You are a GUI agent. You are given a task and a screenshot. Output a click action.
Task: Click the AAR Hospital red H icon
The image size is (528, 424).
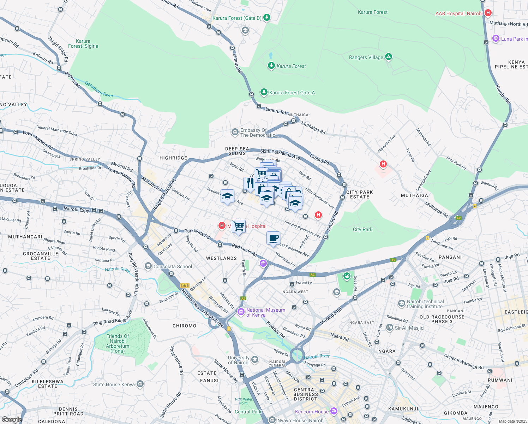click(x=488, y=13)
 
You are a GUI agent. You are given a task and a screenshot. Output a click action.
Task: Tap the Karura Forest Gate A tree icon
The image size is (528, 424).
click(x=264, y=92)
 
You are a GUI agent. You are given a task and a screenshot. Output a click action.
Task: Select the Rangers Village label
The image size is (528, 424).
click(x=366, y=57)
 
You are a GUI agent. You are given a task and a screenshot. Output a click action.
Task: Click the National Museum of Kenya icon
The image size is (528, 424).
click(x=241, y=312)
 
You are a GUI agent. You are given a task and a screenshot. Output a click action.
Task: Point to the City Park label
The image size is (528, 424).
click(x=362, y=229)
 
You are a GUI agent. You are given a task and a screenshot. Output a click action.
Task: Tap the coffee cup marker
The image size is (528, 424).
click(x=273, y=238)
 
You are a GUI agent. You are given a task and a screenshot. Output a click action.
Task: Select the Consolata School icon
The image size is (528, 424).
click(x=148, y=266)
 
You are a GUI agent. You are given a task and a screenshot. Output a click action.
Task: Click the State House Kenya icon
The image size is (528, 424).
click(x=140, y=384)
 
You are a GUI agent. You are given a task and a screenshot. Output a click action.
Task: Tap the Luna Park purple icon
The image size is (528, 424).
click(x=496, y=39)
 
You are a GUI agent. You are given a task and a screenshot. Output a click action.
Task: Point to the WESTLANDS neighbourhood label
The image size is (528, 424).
click(x=221, y=258)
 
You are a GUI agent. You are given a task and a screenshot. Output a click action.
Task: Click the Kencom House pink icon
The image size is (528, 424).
click(x=334, y=411)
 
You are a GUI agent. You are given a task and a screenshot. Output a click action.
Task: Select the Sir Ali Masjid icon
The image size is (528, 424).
click(x=389, y=328)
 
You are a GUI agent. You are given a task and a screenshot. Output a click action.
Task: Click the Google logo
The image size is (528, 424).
click(x=12, y=419)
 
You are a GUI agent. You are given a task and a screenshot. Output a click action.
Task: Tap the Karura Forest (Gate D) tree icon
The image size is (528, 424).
click(x=267, y=17)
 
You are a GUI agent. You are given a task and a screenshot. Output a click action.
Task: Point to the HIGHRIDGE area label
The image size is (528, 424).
click(x=173, y=158)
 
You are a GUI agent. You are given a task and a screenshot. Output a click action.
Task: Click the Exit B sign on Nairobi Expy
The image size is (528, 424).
click(x=185, y=285)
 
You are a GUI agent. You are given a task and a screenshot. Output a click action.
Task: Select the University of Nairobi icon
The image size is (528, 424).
click(x=255, y=360)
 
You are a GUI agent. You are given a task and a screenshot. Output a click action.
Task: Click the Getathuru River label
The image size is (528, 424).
click(x=99, y=90)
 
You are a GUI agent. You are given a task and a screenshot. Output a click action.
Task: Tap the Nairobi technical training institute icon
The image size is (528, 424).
click(x=401, y=304)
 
